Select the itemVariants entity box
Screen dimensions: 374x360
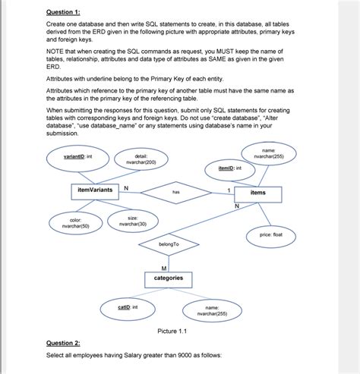coord(96,189)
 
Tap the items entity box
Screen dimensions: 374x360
coord(257,193)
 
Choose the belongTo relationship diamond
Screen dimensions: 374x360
coord(168,244)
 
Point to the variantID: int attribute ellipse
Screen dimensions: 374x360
coord(78,157)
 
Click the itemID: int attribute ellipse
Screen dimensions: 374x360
coord(229,168)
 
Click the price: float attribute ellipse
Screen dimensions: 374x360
coord(266,235)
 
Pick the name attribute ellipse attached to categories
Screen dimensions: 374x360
coord(206,310)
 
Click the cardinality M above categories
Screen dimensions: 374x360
coord(164,267)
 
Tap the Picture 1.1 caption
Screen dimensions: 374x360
coord(172,332)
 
